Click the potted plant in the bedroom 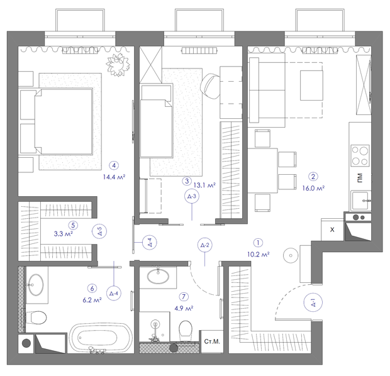click(118, 64)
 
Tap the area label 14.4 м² click(114, 177)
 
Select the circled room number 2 click(313, 177)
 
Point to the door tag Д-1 click(313, 303)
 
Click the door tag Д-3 click(192, 196)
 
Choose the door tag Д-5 click(99, 231)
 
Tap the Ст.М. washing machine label click(212, 341)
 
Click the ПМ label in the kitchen click(360, 178)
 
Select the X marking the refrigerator click(332, 229)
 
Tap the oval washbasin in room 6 click(36, 285)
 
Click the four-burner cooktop click(360, 156)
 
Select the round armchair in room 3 click(211, 86)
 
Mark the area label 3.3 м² click(63, 234)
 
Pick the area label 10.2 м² click(258, 255)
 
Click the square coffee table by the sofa click(311, 86)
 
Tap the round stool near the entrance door click(291, 255)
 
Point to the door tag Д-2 click(204, 245)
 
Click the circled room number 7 click(184, 296)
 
